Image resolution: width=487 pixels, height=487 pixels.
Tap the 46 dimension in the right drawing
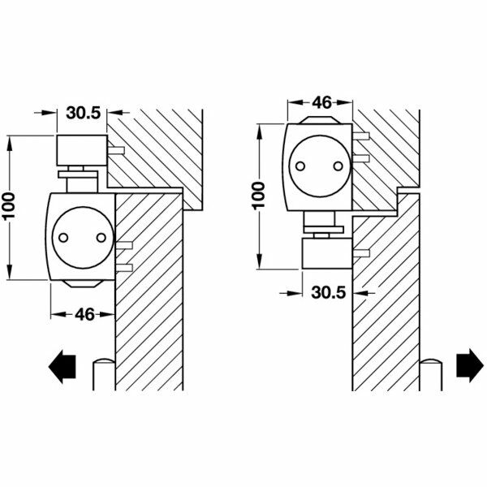pos(321,103)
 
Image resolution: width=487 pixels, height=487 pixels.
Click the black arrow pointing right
pos(468,365)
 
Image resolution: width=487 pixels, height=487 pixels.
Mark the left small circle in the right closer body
pos(300,165)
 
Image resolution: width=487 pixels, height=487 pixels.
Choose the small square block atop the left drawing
pos(82,151)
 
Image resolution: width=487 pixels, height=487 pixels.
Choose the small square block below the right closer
pos(325,254)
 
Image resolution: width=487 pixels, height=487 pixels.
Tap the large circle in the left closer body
pos(81,238)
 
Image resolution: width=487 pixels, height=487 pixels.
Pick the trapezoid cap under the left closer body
pos(82,283)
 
